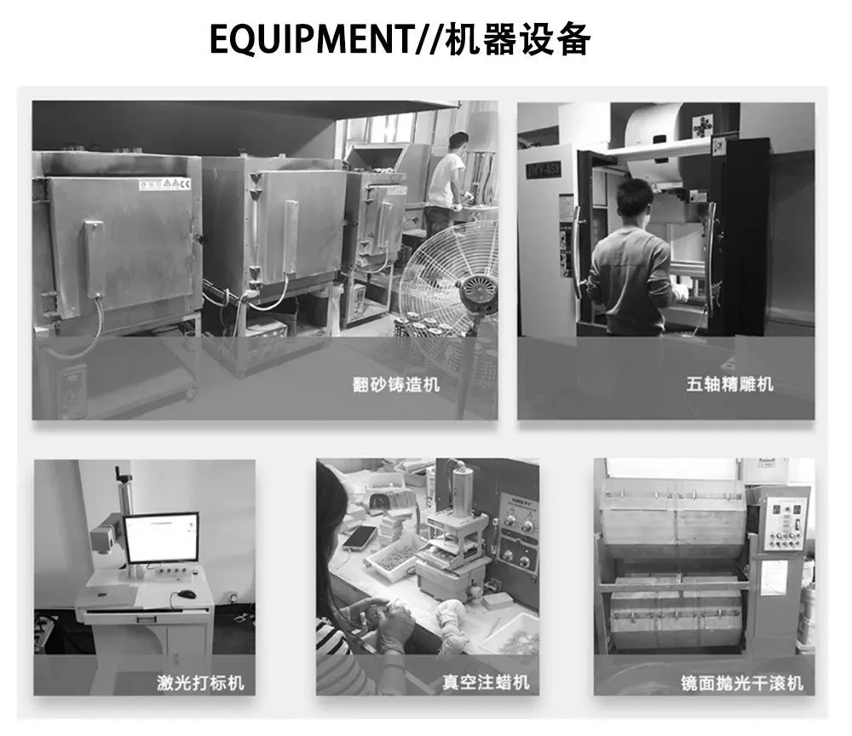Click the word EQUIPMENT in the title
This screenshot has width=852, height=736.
coord(310,39)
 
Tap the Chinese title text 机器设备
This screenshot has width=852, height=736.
coord(518,39)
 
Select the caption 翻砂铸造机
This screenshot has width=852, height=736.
coord(395,384)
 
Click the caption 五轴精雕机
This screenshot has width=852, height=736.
coord(729,384)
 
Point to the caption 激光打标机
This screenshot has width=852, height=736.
coord(200,682)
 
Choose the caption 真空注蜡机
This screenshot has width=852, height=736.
coord(486,682)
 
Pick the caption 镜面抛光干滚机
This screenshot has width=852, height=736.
coord(742,683)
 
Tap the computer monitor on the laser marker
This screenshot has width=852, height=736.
coord(161,538)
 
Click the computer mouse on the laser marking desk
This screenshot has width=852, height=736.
coord(187,595)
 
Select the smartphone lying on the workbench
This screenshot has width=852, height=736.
coord(359,538)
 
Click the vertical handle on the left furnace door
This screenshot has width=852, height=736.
coord(93,260)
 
